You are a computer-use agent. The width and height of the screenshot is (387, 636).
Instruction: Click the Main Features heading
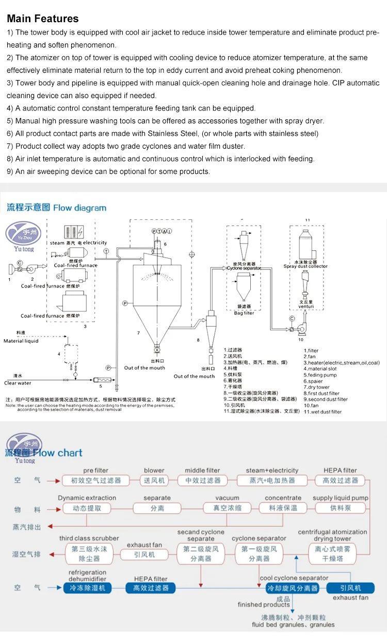[x=43, y=19]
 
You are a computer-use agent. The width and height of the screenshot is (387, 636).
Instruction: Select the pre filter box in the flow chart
[x=95, y=480]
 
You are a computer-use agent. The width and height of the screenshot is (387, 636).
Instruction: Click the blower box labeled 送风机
[x=154, y=480]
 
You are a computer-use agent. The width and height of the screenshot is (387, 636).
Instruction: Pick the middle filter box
[x=202, y=480]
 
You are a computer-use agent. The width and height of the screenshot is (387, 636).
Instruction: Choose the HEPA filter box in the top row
[x=340, y=480]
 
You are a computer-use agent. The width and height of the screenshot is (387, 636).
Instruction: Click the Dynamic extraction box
[x=87, y=508]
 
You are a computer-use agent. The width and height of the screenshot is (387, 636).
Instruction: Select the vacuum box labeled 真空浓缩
[x=227, y=508]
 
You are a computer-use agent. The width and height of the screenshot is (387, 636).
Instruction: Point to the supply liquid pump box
[x=340, y=508]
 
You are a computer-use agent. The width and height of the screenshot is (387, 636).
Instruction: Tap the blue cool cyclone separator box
[x=293, y=588]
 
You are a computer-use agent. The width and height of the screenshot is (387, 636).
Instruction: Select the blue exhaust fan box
[x=351, y=588]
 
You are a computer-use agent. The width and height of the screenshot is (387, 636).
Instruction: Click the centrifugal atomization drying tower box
[x=333, y=553]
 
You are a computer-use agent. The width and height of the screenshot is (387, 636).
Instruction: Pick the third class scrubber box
[x=89, y=553]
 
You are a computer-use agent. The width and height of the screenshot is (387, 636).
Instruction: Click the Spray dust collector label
[x=305, y=266]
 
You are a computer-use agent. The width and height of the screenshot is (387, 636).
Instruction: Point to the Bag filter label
[x=244, y=313]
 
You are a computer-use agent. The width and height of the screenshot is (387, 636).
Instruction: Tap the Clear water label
[x=18, y=383]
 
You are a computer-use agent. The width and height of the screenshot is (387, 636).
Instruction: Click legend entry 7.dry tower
[x=316, y=387]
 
